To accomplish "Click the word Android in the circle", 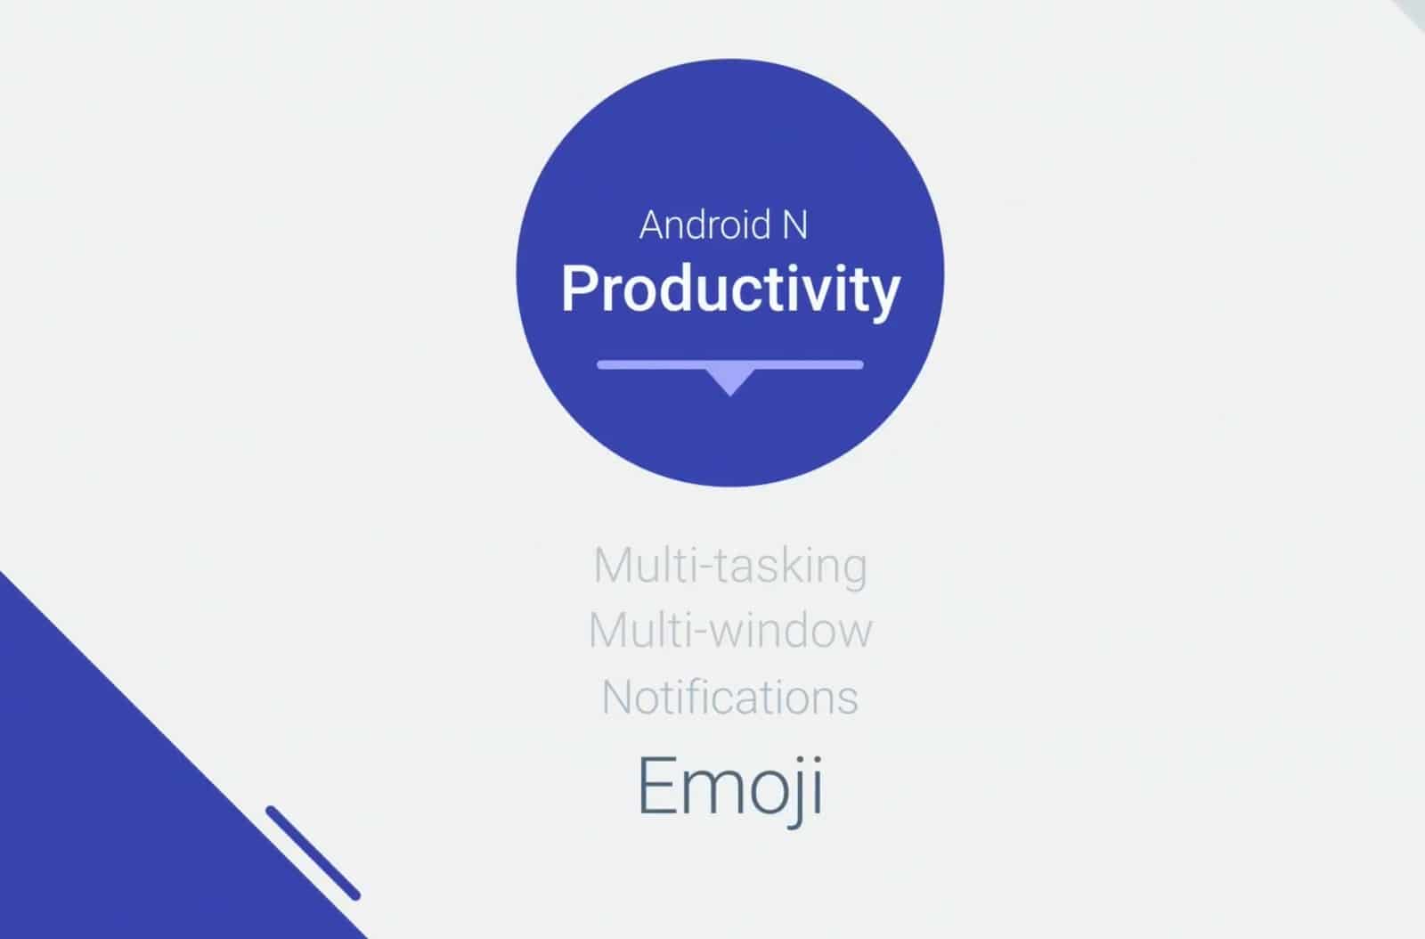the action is (x=704, y=225).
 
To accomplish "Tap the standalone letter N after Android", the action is (x=794, y=225).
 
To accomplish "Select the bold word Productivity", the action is (x=730, y=290).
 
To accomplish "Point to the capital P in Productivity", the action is (x=578, y=288).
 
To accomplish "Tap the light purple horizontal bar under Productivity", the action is (x=730, y=364).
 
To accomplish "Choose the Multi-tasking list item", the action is (x=730, y=567).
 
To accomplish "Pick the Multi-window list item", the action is (x=730, y=631).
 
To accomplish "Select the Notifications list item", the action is (x=730, y=698).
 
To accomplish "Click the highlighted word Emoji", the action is (x=730, y=788).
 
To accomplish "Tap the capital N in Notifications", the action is (x=618, y=697).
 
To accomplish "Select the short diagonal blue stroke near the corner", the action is (x=313, y=853).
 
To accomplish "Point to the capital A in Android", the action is (x=654, y=225).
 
